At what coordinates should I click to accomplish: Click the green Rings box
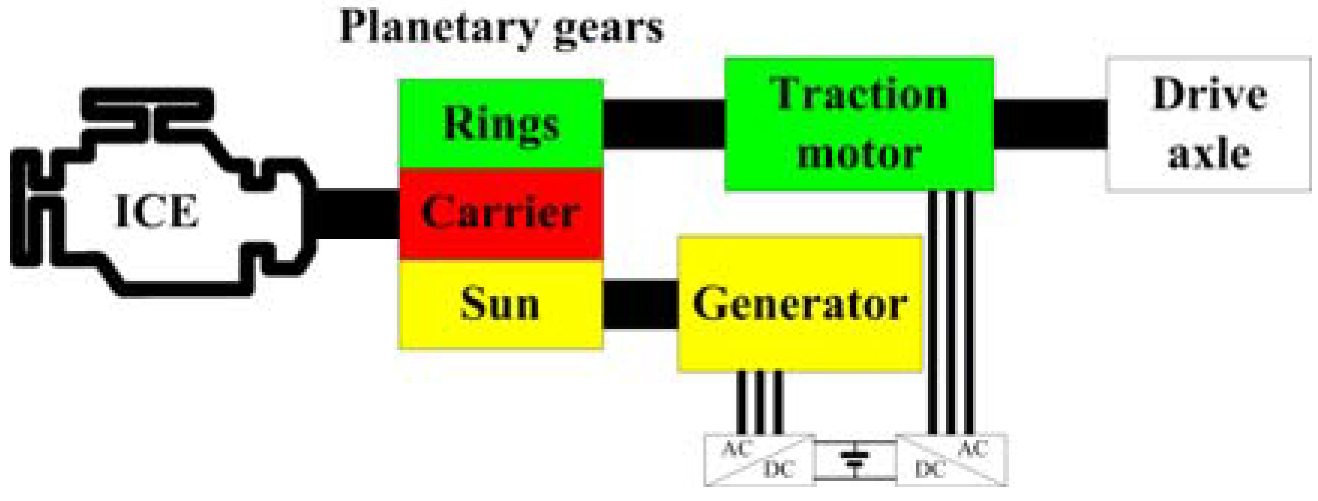click(501, 124)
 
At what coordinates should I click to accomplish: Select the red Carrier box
click(501, 214)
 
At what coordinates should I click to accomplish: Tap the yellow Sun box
click(501, 304)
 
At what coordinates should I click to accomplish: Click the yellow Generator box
click(799, 304)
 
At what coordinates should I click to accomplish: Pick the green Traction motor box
click(859, 124)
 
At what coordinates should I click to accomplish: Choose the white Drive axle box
click(1209, 124)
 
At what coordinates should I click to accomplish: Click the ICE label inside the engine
click(157, 211)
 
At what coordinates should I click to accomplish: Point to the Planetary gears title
click(501, 27)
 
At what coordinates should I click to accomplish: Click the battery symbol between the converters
click(855, 459)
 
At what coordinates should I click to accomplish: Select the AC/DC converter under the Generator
click(758, 459)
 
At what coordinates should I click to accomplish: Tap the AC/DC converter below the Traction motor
click(952, 459)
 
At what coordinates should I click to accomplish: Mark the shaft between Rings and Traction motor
click(664, 124)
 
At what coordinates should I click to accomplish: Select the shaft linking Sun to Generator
click(640, 304)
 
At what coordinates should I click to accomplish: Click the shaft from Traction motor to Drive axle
click(1051, 124)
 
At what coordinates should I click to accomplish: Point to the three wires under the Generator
click(759, 401)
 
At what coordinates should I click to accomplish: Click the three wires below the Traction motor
click(951, 311)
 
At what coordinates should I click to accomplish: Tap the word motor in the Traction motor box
click(859, 154)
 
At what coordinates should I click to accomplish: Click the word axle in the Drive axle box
click(1209, 154)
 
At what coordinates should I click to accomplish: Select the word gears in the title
click(607, 28)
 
